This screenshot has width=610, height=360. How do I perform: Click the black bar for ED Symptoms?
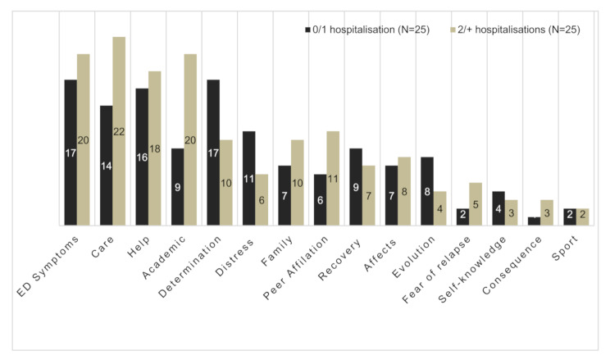71,153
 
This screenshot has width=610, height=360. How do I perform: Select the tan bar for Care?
119,131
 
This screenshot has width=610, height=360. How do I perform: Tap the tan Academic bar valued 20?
190,139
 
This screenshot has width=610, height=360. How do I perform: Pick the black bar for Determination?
213,153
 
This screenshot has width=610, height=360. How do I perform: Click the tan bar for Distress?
262,199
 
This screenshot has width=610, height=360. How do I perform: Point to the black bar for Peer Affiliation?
321,199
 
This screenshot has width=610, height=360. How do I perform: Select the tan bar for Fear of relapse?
476,204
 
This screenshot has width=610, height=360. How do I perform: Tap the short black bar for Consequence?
534,221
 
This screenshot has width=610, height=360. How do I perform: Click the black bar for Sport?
570,216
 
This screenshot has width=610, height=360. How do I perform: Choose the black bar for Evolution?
427,191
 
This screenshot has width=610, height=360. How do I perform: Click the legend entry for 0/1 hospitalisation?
367,30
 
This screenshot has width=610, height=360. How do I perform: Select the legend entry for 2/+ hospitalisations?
515,30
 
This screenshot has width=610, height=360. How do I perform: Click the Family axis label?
277,252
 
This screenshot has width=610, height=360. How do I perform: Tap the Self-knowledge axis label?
472,269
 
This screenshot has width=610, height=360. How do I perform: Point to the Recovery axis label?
339,260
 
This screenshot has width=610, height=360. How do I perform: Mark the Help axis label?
139,246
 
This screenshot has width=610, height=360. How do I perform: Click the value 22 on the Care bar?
119,131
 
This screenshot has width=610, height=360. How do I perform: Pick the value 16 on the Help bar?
142,157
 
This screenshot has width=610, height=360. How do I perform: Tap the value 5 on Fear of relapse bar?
476,204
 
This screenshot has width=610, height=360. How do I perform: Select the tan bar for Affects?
404,191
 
